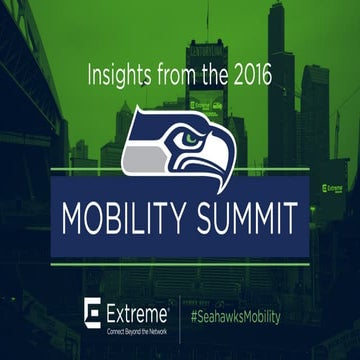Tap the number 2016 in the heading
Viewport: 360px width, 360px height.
pos(243,74)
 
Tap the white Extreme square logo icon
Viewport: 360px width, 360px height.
pos(94,311)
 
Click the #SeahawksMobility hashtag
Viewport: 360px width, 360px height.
pos(235,316)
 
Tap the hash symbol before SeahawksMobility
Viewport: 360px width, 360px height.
pos(193,316)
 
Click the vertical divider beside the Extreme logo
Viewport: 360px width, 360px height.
pos(179,313)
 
